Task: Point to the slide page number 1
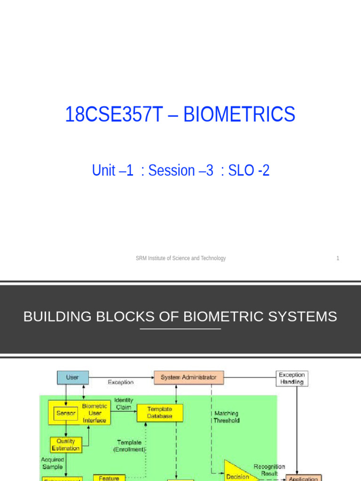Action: point(337,258)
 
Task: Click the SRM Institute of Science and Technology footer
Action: point(180,258)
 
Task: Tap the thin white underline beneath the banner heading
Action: point(180,329)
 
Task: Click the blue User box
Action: point(72,377)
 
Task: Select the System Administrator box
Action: point(188,377)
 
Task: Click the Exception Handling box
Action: point(291,379)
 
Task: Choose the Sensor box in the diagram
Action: point(66,413)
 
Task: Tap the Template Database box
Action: point(160,413)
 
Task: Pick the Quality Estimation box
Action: point(66,445)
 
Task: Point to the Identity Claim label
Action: point(124,404)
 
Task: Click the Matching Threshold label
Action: point(227,417)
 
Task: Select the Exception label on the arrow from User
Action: point(120,382)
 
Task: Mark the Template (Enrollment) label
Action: point(129,446)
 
